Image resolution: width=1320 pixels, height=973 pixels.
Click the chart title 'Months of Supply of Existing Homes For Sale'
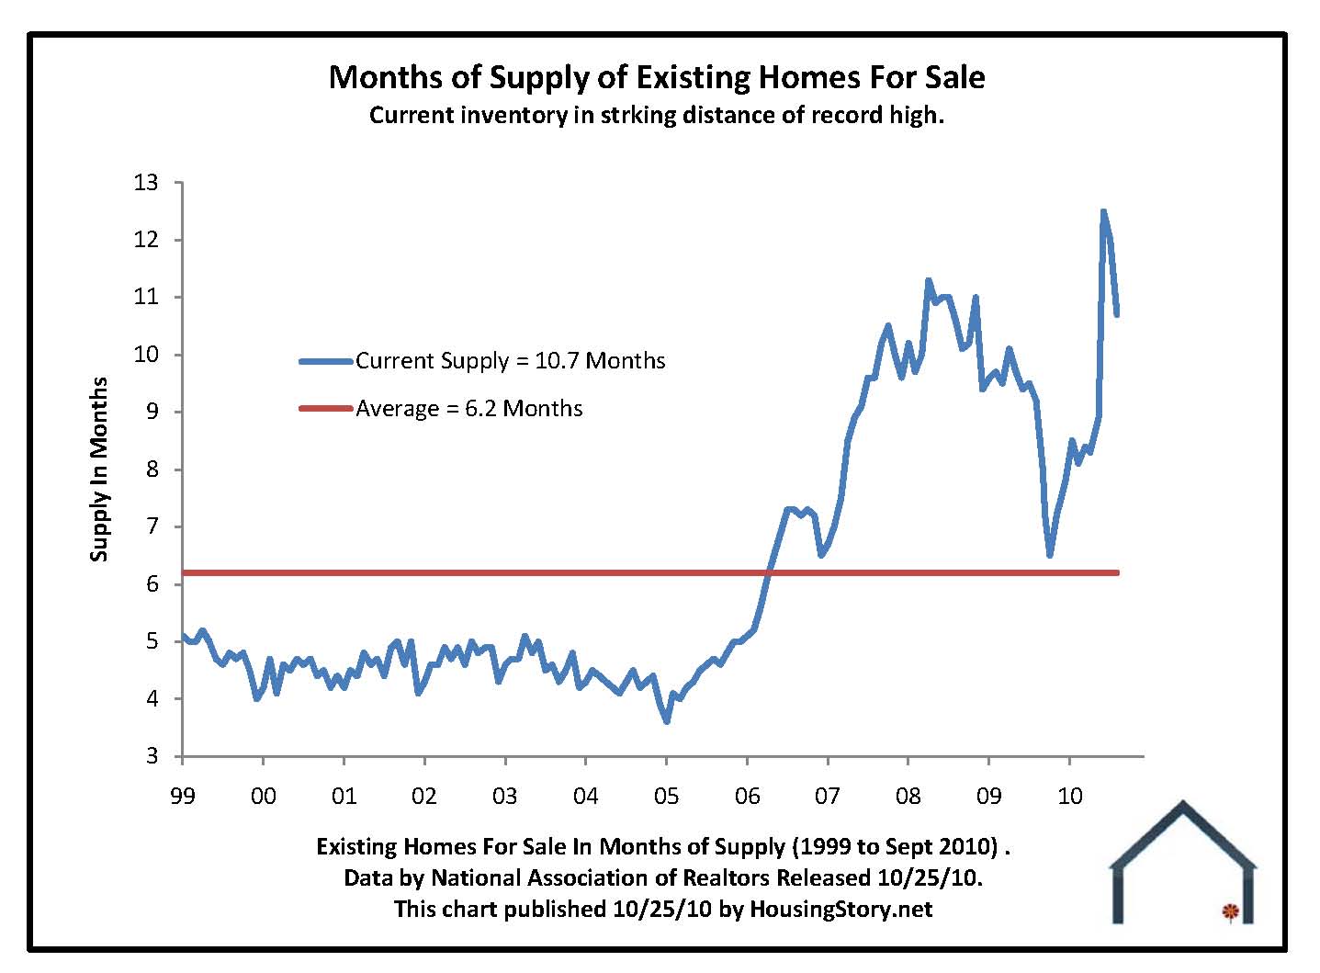pos(657,76)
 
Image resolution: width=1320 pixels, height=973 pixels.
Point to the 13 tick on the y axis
pos(147,183)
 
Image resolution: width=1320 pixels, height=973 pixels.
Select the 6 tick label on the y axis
pos(152,584)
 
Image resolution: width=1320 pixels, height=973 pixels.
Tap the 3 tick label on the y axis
pos(152,756)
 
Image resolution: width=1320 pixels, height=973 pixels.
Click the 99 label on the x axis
pos(183,795)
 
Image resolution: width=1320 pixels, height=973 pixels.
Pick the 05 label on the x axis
pos(667,795)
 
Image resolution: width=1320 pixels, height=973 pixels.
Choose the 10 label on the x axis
pos(1070,795)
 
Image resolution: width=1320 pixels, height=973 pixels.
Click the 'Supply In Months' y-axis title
pos(99,470)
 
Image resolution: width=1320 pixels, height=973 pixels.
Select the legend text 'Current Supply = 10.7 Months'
pos(510,360)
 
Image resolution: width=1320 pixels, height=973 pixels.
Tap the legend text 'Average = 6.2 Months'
pos(468,408)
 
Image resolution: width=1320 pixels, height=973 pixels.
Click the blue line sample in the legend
pos(325,361)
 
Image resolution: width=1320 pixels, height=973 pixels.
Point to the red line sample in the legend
pos(325,408)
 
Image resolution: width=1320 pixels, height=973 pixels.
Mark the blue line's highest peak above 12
pos(1103,211)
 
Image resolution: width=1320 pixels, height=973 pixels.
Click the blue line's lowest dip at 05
pos(667,721)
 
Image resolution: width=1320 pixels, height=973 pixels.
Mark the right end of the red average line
pos(1117,572)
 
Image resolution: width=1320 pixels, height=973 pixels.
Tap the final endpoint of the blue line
pos(1117,314)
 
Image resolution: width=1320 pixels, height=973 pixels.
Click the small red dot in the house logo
pos(1230,911)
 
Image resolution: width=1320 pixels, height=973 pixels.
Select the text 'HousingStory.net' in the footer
pos(841,909)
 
